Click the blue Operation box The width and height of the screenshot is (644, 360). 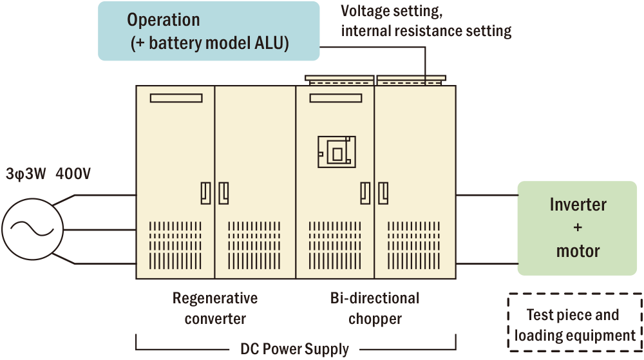[x=209, y=31]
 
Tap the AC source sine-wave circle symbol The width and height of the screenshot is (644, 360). [x=32, y=229]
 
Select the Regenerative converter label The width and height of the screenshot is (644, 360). [x=215, y=308]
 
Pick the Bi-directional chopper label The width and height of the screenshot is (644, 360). [x=375, y=308]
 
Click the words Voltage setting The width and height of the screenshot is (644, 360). [x=391, y=11]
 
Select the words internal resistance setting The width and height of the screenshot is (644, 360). [x=426, y=30]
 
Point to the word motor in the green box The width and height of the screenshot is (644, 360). [x=578, y=251]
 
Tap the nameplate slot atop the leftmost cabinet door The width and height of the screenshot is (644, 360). [x=176, y=99]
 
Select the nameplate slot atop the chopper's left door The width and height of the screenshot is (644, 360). [x=336, y=99]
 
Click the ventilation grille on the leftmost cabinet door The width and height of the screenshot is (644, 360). [x=176, y=245]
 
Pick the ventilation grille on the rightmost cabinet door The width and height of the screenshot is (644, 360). [x=414, y=245]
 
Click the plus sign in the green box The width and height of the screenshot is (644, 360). [x=578, y=227]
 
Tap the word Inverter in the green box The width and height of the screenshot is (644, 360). [x=578, y=205]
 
